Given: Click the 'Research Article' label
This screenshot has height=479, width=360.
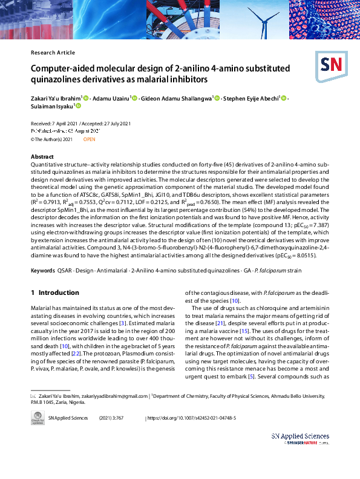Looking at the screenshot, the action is point(53,53).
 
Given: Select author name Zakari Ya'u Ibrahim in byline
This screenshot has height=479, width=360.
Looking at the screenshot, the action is point(55,97).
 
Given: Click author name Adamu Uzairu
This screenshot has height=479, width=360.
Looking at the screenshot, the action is point(111,97).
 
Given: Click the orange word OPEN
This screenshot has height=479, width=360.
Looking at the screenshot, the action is point(89,139).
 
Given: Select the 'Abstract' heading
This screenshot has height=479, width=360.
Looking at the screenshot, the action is point(42,157).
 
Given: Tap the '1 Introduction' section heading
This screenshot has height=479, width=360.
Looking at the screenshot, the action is point(55,292).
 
